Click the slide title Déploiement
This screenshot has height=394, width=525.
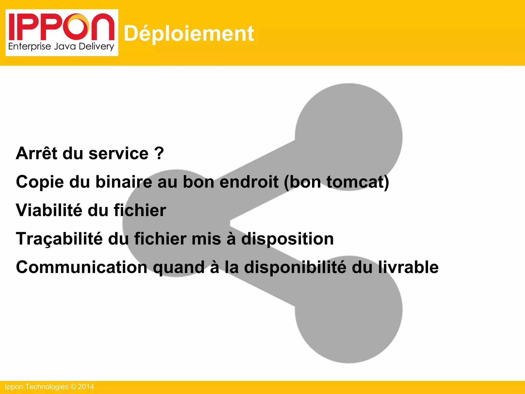[x=189, y=34]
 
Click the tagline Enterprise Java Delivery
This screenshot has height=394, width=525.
[x=61, y=47]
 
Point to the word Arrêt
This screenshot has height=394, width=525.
[x=36, y=153]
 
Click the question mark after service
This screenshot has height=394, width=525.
[x=159, y=153]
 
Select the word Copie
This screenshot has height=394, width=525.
[x=40, y=182]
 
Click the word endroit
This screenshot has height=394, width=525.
[x=249, y=182]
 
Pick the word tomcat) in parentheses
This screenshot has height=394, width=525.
[x=358, y=182]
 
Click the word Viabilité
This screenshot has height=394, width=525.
[x=49, y=210]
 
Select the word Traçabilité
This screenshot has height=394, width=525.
[x=59, y=239]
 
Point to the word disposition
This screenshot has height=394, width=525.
[x=287, y=239]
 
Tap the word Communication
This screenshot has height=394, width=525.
[x=82, y=267]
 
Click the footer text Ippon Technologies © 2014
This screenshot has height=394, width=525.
[x=49, y=387]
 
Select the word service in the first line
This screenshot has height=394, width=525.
[x=118, y=153]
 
